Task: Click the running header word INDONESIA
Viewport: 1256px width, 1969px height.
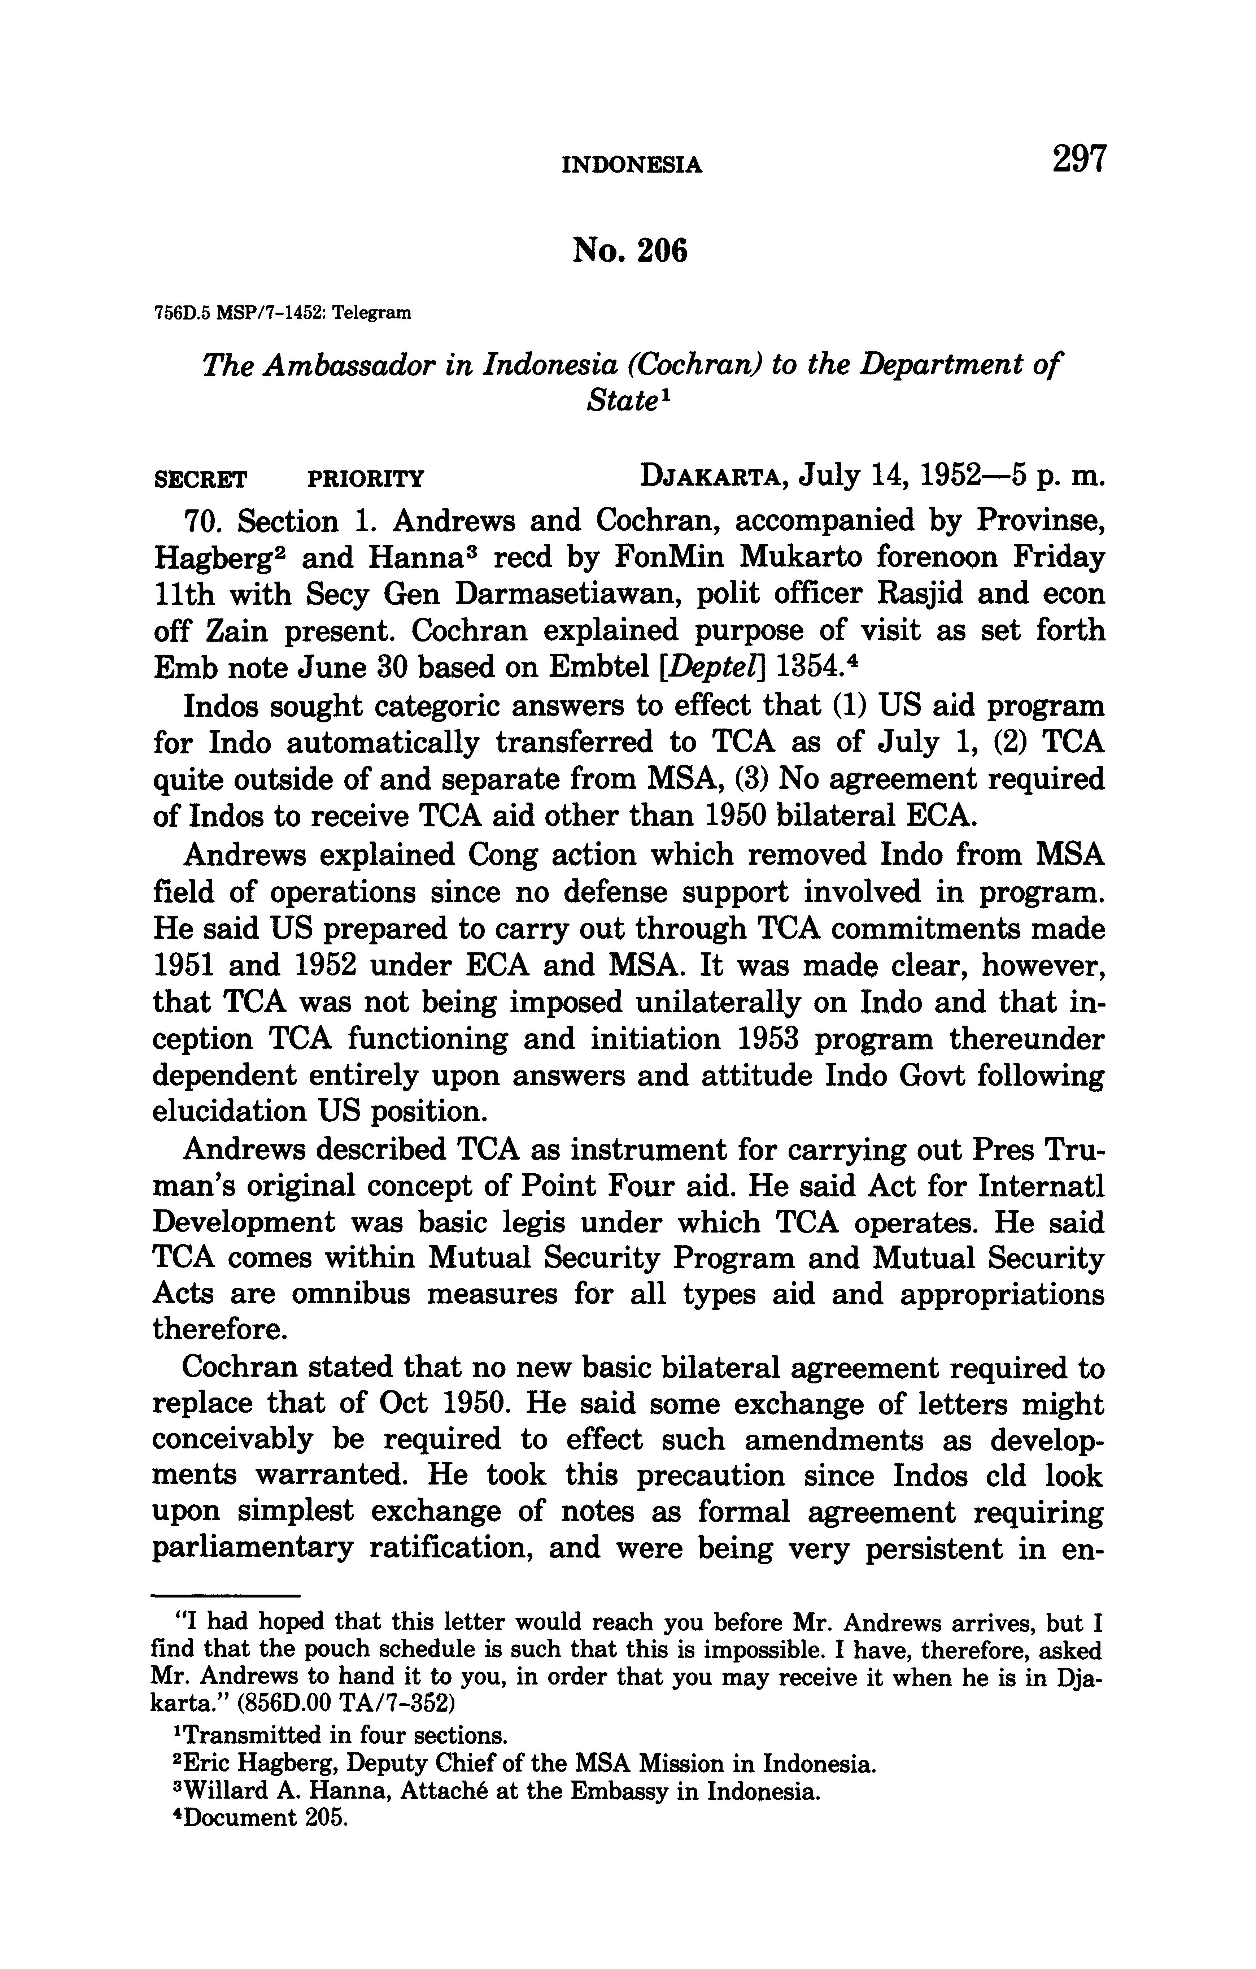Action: pos(632,166)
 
